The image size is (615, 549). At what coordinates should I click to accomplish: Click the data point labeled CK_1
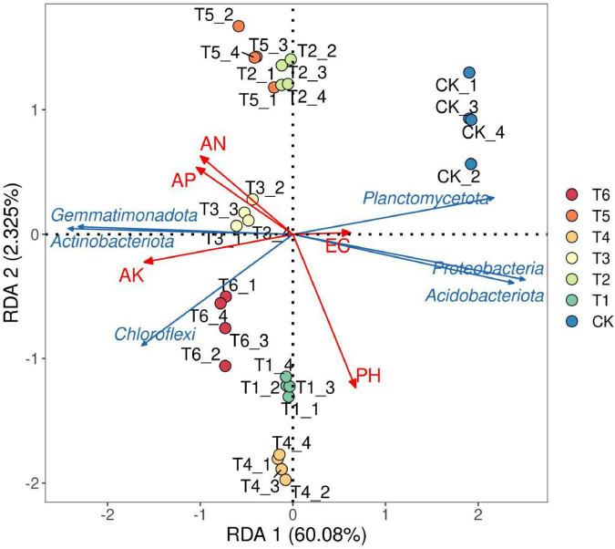point(469,72)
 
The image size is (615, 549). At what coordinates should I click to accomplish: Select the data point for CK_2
point(471,164)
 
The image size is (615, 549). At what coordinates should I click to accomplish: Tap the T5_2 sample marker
point(238,26)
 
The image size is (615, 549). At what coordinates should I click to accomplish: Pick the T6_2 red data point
point(225,366)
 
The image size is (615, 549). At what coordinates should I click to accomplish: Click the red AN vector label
point(213,143)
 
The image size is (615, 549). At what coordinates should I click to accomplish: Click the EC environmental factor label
point(338,245)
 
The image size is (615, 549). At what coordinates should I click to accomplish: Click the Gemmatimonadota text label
point(125,216)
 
